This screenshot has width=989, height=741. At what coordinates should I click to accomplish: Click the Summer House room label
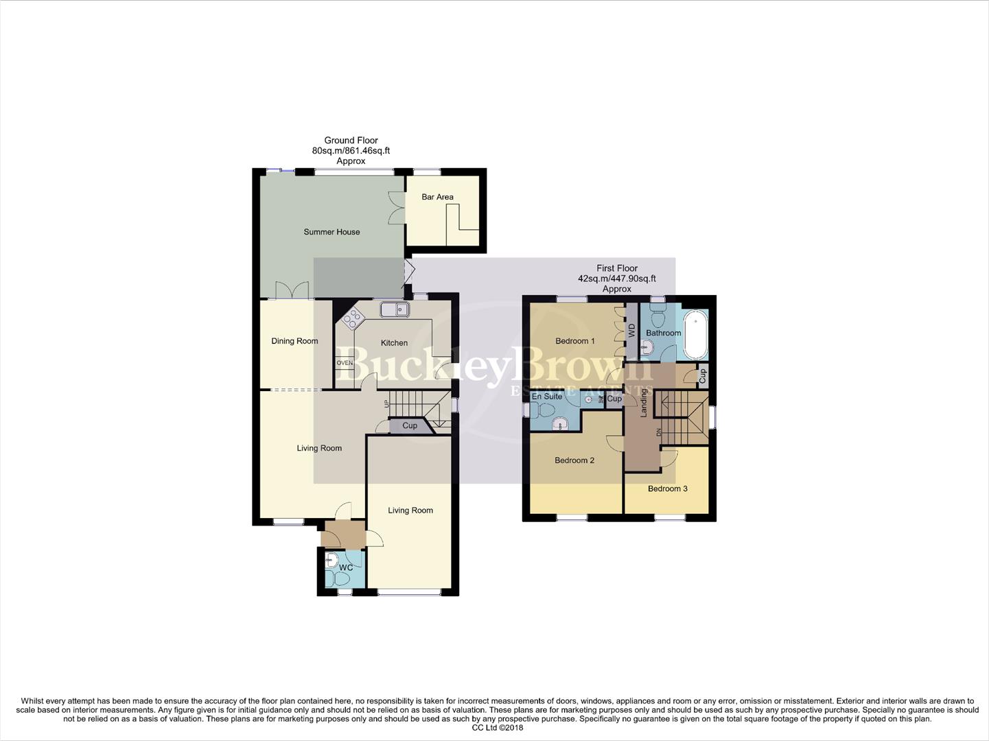point(331,232)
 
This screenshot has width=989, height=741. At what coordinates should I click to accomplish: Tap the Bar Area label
point(437,197)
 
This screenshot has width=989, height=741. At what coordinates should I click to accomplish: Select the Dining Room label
point(294,341)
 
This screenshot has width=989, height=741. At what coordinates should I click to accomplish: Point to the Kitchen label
point(394,343)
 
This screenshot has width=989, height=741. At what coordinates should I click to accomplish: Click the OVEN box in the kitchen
point(345,363)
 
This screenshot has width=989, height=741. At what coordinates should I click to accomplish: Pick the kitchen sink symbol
point(395,310)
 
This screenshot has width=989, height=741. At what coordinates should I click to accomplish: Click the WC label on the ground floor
point(346,567)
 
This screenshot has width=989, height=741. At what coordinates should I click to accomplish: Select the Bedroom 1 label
point(574,341)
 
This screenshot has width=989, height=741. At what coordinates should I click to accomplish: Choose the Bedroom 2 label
point(574,460)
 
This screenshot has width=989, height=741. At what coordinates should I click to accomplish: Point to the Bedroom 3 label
point(667,489)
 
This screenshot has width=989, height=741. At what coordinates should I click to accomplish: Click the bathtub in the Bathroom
point(695,335)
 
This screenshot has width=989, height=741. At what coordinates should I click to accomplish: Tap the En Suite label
point(547,397)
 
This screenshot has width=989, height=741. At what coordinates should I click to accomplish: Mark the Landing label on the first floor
point(644,403)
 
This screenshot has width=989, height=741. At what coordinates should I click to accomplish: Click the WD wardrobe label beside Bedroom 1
point(631,331)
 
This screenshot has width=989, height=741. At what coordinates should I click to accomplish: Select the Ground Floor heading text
point(351,140)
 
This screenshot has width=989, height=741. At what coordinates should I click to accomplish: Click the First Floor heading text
point(616,268)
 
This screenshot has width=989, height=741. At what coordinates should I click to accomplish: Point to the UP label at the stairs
point(386,404)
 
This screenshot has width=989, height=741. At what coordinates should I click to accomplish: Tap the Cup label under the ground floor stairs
point(410,426)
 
